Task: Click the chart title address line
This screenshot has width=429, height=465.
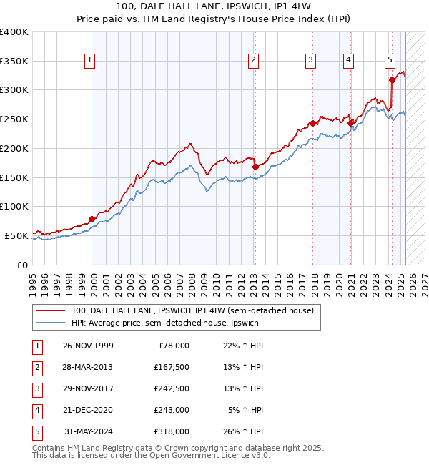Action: point(214,6)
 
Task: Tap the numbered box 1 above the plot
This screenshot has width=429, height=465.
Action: point(89,61)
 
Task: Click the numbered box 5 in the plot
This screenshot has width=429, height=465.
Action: point(390,61)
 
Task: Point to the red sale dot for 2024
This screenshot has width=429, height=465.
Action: point(393,79)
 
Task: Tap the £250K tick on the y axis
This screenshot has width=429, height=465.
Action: point(16,119)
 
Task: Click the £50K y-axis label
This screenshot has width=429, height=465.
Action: point(18,235)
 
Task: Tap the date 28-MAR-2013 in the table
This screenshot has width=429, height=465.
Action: point(88,367)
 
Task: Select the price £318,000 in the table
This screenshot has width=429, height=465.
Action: point(172,431)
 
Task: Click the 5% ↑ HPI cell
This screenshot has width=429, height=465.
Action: point(247,410)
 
